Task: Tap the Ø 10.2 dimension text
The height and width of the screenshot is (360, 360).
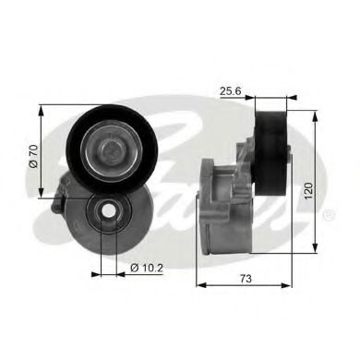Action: pos(147,268)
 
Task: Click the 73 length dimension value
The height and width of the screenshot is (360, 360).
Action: pos(245,278)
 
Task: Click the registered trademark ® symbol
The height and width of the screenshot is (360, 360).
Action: pos(330,215)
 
